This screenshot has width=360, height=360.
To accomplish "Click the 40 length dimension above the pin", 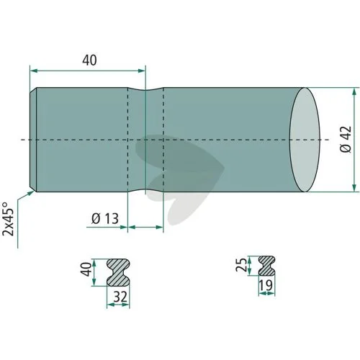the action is pyautogui.click(x=89, y=60).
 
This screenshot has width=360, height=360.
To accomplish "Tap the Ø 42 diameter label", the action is pyautogui.click(x=346, y=139).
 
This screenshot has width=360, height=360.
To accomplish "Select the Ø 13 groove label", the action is pyautogui.click(x=105, y=219).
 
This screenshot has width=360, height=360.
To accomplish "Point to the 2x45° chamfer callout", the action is pyautogui.click(x=8, y=219).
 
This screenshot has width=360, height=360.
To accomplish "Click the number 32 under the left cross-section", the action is pyautogui.click(x=120, y=297).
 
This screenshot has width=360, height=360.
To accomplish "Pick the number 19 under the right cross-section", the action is pyautogui.click(x=266, y=285).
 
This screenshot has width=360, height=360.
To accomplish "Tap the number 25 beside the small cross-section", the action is pyautogui.click(x=241, y=265).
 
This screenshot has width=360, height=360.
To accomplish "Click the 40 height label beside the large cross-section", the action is pyautogui.click(x=86, y=269).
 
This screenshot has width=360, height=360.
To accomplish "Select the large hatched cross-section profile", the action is pyautogui.click(x=118, y=272).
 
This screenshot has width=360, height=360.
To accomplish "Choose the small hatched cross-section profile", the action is pyautogui.click(x=266, y=266).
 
